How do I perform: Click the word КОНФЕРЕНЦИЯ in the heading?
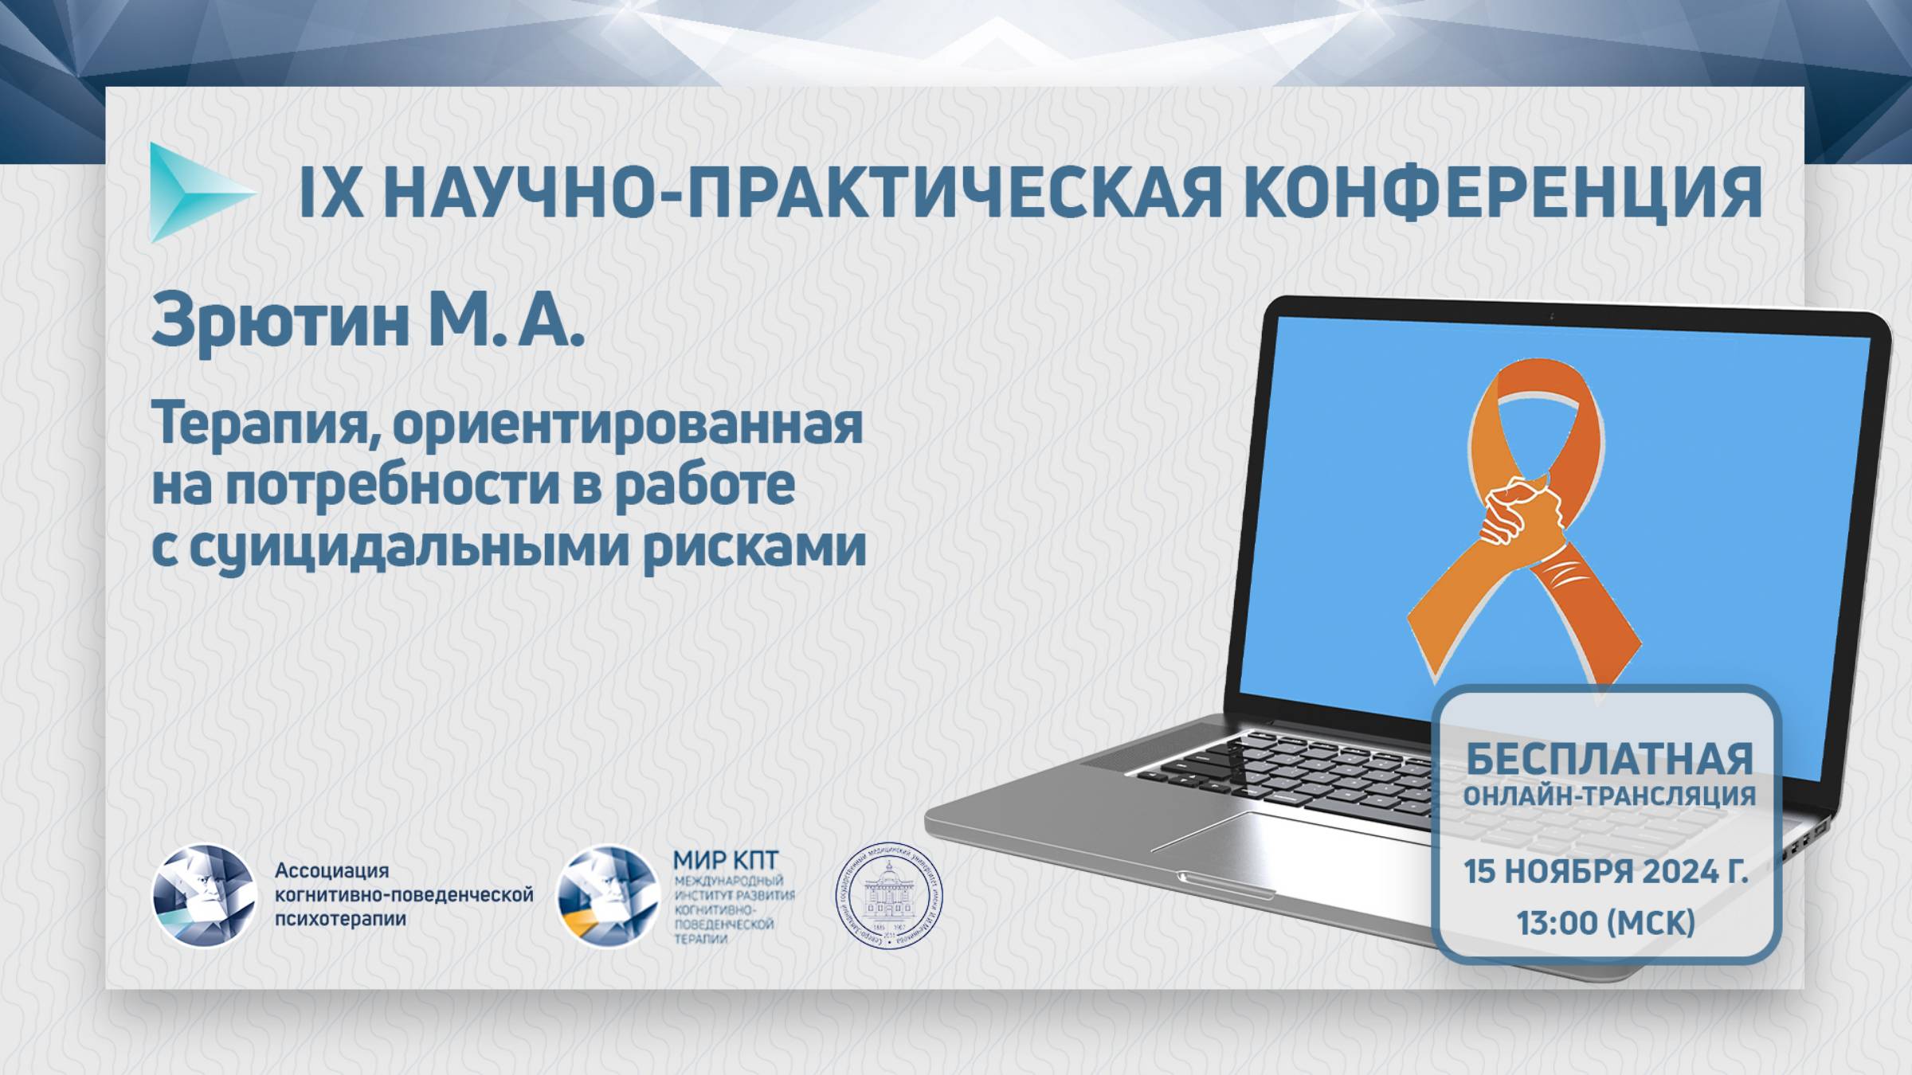tap(1498, 193)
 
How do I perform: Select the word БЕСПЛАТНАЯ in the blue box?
tap(1609, 759)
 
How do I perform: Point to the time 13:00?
tap(1553, 923)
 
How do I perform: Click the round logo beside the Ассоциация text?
tap(204, 896)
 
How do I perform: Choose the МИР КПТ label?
tap(725, 860)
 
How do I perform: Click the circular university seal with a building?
tap(888, 896)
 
